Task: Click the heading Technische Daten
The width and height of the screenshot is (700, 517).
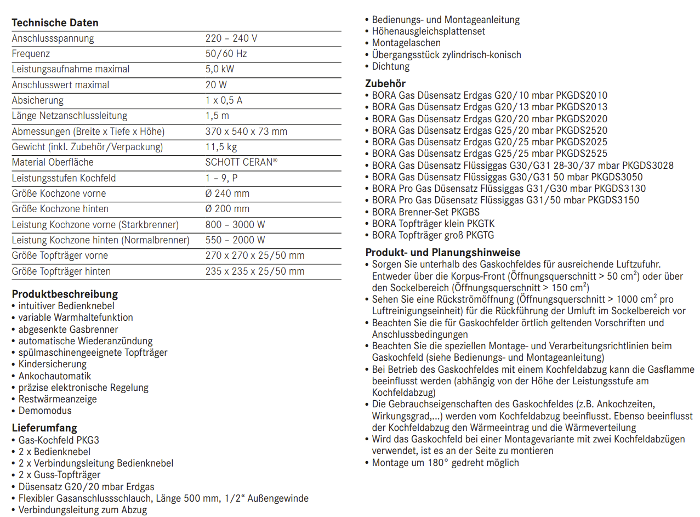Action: pos(55,23)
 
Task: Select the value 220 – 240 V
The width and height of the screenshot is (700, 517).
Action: pos(231,38)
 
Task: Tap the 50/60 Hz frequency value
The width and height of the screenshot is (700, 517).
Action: pos(226,54)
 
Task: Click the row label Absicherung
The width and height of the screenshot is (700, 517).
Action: pos(38,100)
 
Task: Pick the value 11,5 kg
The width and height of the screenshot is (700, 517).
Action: pos(221,147)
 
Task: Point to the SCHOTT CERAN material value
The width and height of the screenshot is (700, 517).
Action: pos(241,162)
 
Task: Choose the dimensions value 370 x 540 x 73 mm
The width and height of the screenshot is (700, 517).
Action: pos(246,132)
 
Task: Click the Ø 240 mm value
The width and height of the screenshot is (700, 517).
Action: pos(227,194)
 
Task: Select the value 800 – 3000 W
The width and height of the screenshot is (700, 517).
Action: pos(235,225)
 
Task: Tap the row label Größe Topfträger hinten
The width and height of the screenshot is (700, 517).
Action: pos(61,271)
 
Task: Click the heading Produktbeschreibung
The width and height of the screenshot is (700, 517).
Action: pos(65,294)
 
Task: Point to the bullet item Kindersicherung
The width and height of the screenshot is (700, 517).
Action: pos(53,364)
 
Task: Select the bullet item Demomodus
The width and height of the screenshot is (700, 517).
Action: pos(45,411)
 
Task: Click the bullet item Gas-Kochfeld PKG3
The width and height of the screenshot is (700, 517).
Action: pos(59,440)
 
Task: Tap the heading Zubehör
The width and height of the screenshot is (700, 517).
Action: pos(385,84)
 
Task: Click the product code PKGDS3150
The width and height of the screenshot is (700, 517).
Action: pos(613,200)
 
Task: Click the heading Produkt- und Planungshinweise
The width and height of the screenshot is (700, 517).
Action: pos(443,253)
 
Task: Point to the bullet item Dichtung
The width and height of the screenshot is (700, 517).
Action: pos(391,66)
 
